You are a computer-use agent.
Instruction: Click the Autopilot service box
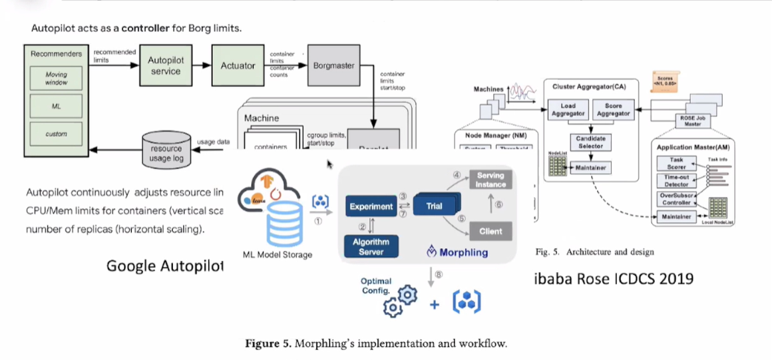click(165, 65)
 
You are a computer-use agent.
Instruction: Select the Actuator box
click(238, 65)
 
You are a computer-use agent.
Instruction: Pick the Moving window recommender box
click(56, 79)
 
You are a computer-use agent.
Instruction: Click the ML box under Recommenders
click(56, 106)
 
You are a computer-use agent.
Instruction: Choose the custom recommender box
click(56, 133)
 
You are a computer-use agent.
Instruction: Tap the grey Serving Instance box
click(490, 180)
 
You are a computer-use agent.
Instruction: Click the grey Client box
click(490, 232)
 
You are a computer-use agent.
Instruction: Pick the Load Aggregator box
click(568, 110)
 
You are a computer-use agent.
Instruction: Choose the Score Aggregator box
click(613, 110)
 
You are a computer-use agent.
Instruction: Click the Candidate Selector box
click(590, 142)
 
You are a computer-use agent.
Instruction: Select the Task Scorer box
click(677, 164)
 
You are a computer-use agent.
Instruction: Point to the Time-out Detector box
click(677, 180)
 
